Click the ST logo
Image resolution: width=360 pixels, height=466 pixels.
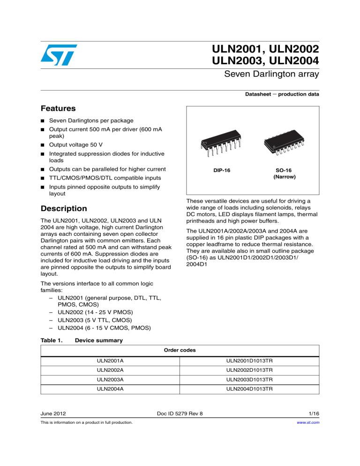(x=58, y=55)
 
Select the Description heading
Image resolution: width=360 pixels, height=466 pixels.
(x=64, y=208)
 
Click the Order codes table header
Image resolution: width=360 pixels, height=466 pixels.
(x=180, y=350)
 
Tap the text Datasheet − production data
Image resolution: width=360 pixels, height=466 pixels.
(x=282, y=94)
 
